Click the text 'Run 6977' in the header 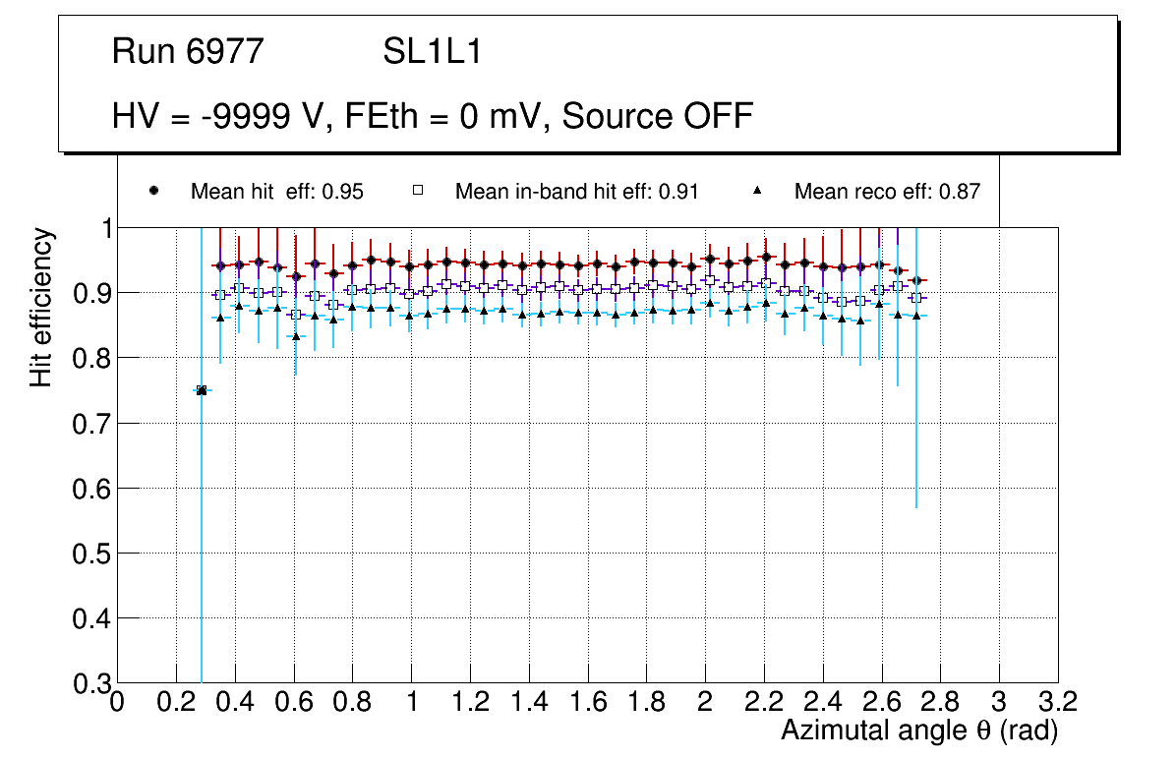[189, 51]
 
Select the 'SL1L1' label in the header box [433, 51]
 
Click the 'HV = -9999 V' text [203, 116]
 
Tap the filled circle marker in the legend [153, 191]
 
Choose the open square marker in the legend [417, 191]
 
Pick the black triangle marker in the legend [757, 191]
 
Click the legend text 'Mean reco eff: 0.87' [887, 192]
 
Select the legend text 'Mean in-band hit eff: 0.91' [576, 192]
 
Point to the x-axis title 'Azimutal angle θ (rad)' [918, 730]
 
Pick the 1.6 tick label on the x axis [588, 702]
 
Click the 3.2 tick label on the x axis [1058, 702]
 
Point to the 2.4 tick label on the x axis [823, 702]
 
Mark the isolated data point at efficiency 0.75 [202, 390]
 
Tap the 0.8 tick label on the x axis [352, 702]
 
